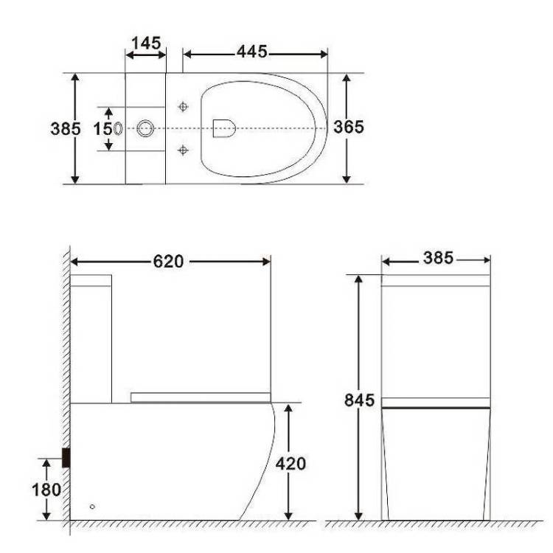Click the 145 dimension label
click(147, 44)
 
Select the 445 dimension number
click(252, 52)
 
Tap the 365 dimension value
click(349, 127)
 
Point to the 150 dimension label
click(108, 129)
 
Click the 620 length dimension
click(168, 262)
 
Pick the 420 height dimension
click(291, 464)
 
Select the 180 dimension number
click(46, 490)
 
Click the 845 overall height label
click(359, 400)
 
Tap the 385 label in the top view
click(66, 129)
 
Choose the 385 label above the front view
click(438, 258)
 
